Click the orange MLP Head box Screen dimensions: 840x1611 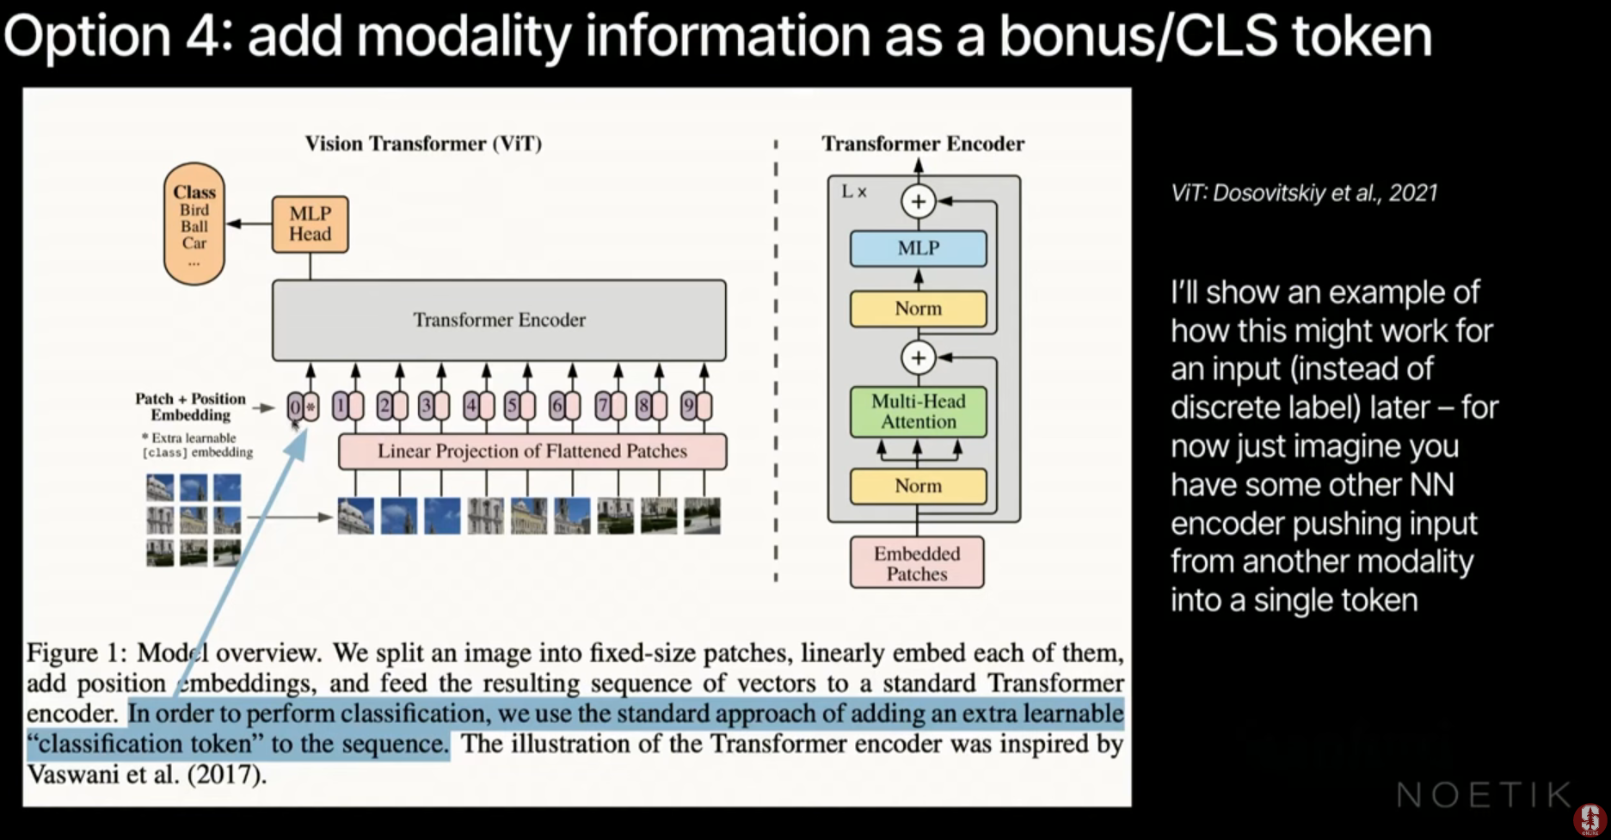pos(310,224)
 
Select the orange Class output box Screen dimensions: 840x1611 pos(194,223)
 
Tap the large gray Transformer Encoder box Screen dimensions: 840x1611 pos(499,320)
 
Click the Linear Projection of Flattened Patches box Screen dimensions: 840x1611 pos(532,451)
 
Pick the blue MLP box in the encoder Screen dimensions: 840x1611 pos(918,248)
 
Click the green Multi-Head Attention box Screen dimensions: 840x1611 pos(918,412)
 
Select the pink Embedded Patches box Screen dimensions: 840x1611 pos(917,563)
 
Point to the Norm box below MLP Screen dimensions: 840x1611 pos(918,309)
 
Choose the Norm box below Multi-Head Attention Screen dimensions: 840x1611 pos(918,486)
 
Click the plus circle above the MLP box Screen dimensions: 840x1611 pos(918,202)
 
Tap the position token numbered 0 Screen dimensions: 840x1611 pos(295,407)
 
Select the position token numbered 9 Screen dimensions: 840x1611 pos(687,406)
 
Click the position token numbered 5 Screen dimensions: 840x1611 pos(512,406)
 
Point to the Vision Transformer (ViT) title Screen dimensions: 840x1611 pos(423,144)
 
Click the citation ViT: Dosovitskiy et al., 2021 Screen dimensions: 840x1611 pos(1303,193)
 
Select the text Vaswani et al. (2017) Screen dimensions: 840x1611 pos(146,774)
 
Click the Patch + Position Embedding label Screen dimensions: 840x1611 pos(190,407)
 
